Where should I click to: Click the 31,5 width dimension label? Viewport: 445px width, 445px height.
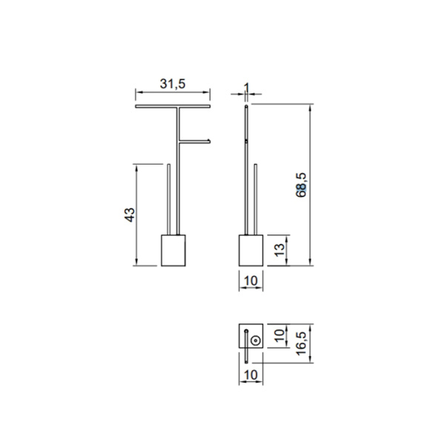(173, 84)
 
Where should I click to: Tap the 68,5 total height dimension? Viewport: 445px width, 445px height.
(301, 185)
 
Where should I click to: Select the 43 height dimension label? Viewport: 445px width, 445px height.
(129, 215)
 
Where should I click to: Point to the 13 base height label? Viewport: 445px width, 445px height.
(280, 250)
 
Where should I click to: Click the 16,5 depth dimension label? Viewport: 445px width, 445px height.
(301, 343)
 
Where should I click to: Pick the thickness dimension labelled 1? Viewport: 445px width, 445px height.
(246, 88)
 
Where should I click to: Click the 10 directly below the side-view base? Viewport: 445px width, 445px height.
(251, 281)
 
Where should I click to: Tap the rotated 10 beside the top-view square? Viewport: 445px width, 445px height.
(280, 336)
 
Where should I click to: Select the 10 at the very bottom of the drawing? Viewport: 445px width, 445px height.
(251, 375)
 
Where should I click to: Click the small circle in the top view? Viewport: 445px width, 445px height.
(255, 340)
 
